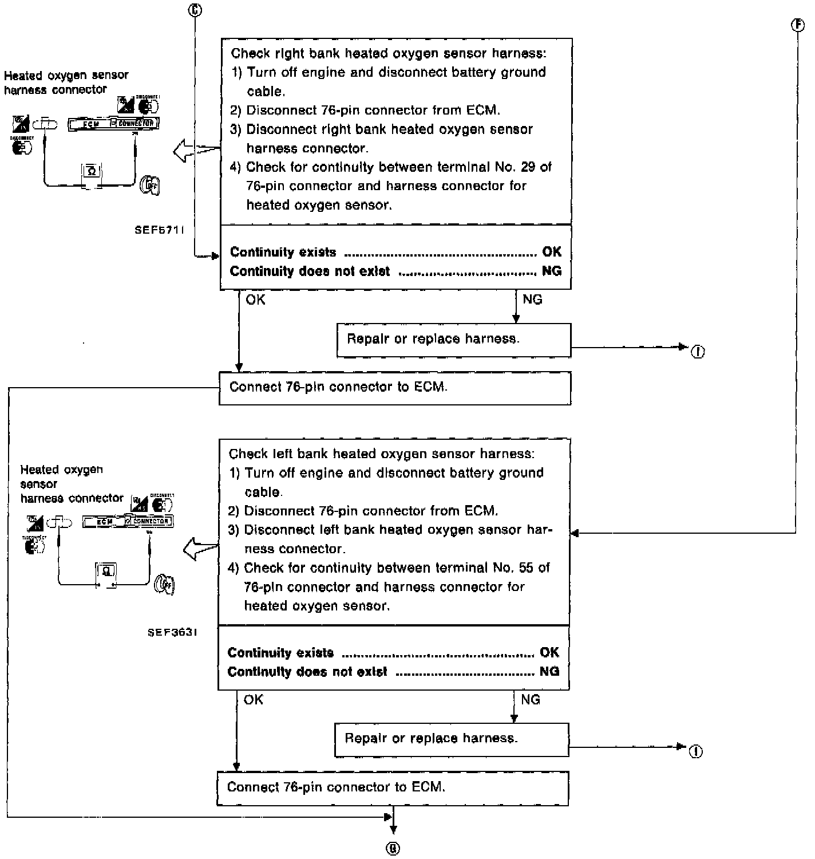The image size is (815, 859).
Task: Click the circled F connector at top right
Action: tap(797, 25)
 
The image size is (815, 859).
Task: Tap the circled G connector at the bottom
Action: tap(393, 849)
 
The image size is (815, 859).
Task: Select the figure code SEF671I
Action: tap(159, 230)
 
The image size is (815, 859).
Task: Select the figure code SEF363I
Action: tap(172, 633)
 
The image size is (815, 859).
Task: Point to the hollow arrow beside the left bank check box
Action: tap(200, 550)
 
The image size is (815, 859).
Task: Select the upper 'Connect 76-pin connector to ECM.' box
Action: tap(395, 388)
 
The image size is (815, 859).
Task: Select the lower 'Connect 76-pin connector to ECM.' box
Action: tap(393, 788)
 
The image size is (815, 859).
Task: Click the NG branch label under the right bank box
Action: tap(532, 300)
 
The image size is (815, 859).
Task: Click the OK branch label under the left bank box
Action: tap(254, 699)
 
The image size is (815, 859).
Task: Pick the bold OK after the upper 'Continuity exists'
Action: tap(551, 252)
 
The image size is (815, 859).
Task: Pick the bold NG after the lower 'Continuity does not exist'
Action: tap(549, 671)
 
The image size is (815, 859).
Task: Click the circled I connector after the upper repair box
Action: tap(697, 352)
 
